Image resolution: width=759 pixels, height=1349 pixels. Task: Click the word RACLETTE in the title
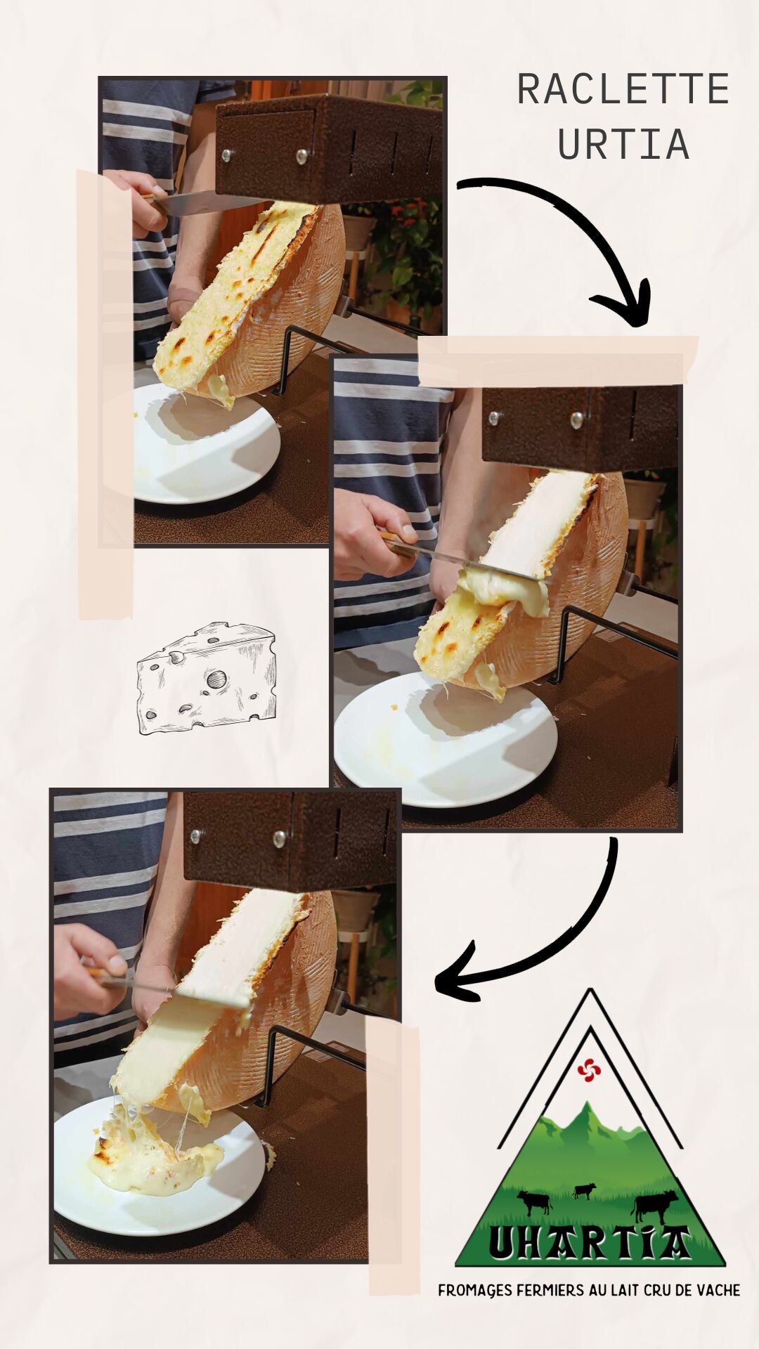(623, 90)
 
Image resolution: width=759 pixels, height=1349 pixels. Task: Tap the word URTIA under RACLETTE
(623, 144)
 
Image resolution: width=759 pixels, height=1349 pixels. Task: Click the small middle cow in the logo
(584, 1190)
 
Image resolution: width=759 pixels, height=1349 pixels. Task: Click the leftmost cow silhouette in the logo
(534, 1201)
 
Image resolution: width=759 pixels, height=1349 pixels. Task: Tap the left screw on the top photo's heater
(226, 155)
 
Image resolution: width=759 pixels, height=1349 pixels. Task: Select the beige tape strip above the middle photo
(559, 360)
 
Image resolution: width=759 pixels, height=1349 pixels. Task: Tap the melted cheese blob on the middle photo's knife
(506, 590)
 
